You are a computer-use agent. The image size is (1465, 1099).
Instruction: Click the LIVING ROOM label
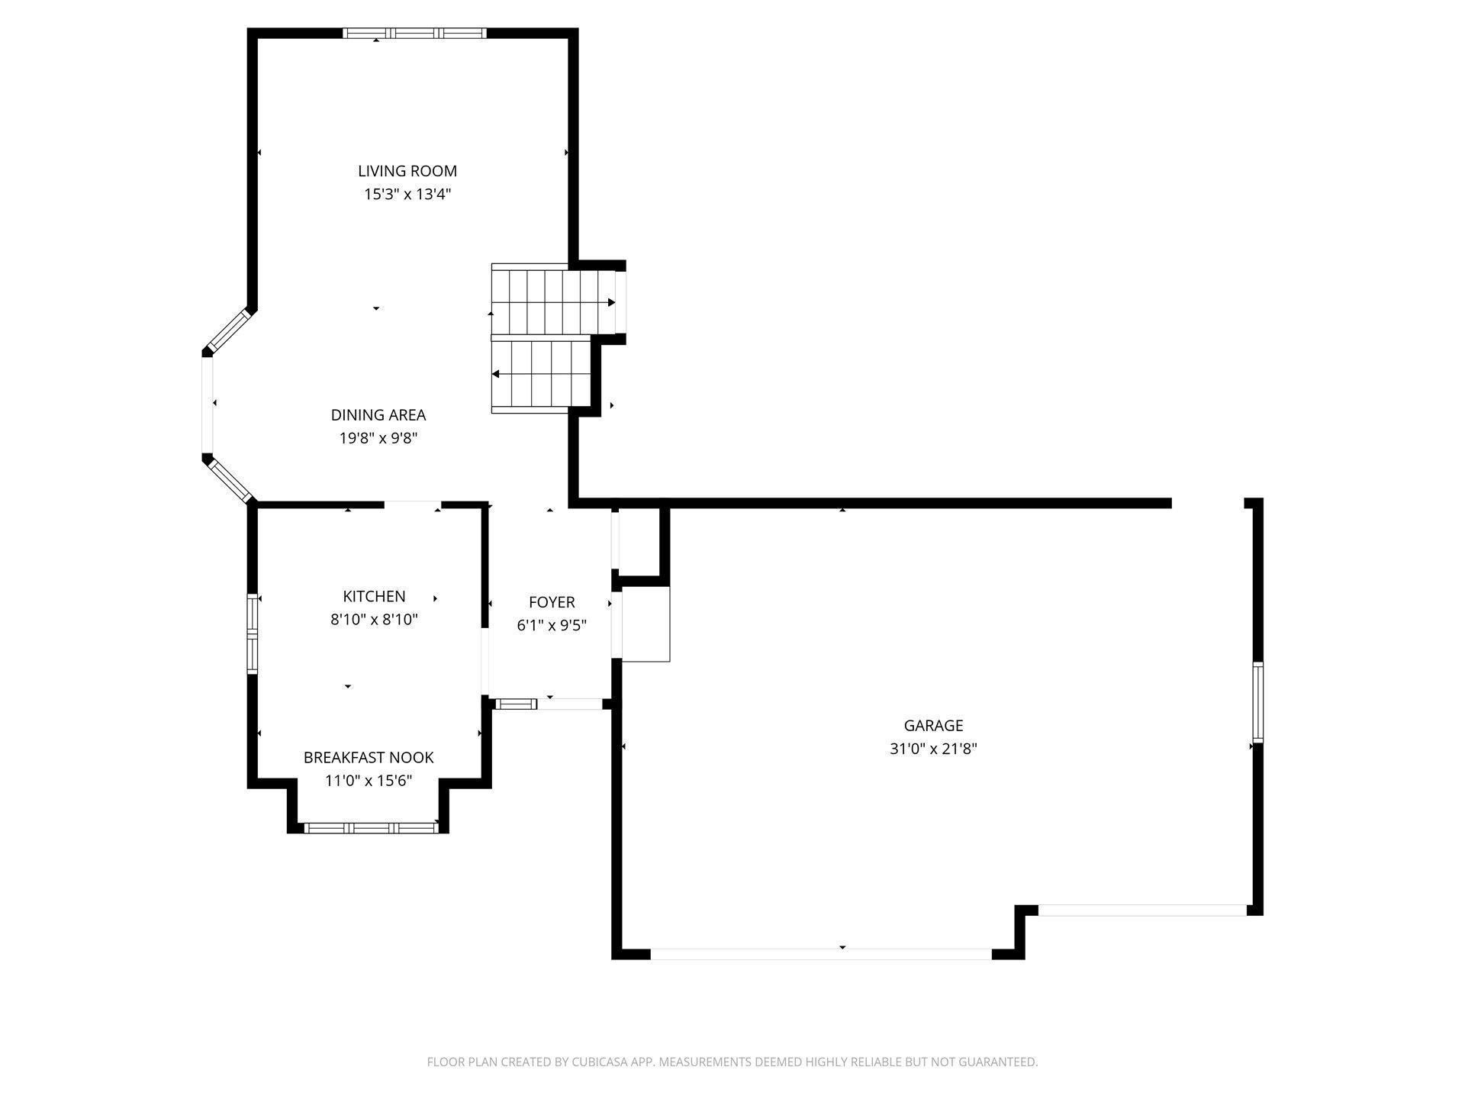[407, 171]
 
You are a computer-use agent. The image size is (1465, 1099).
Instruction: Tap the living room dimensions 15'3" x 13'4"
[407, 195]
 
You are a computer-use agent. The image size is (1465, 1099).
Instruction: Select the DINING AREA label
[378, 415]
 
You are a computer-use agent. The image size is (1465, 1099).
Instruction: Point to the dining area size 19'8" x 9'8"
[378, 438]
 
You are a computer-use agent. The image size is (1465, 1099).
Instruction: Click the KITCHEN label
[374, 596]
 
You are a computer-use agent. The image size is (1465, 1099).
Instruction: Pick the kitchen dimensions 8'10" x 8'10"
[374, 620]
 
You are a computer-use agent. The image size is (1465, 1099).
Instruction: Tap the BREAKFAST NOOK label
[369, 757]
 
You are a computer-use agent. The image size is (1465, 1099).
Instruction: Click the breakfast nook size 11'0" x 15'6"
[369, 781]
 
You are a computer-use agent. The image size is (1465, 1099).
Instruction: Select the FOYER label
[552, 602]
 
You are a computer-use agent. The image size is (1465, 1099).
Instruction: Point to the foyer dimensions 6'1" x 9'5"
[552, 626]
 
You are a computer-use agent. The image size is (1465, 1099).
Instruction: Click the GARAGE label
[933, 725]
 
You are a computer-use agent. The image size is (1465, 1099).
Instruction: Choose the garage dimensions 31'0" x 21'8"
[933, 749]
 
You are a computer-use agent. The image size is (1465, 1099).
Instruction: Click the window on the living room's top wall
[414, 33]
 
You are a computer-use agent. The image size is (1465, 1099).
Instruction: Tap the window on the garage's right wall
[1257, 702]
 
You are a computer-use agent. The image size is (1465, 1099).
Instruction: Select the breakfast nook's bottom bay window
[372, 828]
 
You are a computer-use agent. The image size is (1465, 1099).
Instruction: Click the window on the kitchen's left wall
[253, 633]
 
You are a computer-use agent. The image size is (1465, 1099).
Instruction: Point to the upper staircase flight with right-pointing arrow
[553, 302]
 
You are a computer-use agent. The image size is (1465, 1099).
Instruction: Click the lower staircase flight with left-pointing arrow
[542, 375]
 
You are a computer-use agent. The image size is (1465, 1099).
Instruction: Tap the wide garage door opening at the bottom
[820, 953]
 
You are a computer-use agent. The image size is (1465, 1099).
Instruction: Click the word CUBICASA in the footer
[604, 1062]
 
